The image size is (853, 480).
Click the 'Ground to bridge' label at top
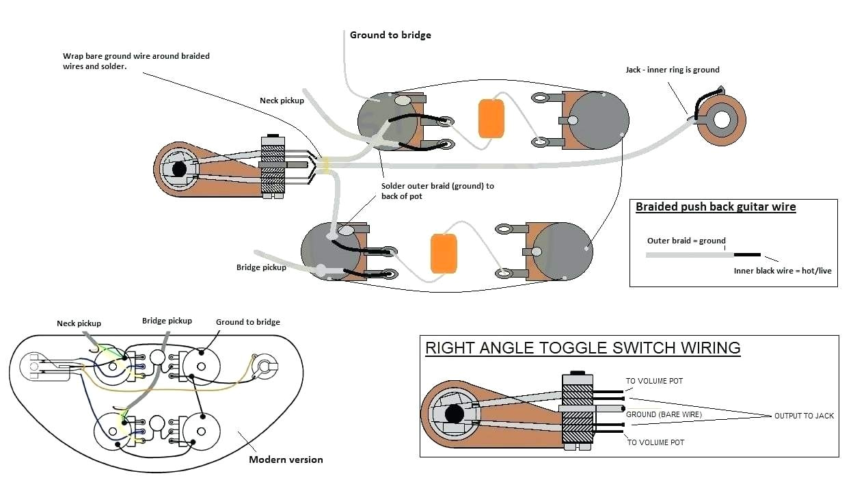pyautogui.click(x=390, y=35)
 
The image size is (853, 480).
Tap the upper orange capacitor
pyautogui.click(x=491, y=118)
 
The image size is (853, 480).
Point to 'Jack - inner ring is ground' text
pyautogui.click(x=672, y=70)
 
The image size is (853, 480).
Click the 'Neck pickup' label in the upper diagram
pyautogui.click(x=282, y=101)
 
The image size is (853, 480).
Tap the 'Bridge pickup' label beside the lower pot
pyautogui.click(x=261, y=267)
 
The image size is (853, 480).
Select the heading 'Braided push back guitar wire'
pyautogui.click(x=715, y=207)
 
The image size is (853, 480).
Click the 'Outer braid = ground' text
pyautogui.click(x=686, y=241)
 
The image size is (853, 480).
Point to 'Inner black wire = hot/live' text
pyautogui.click(x=783, y=271)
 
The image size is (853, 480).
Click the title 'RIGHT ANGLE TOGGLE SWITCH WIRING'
pyautogui.click(x=582, y=347)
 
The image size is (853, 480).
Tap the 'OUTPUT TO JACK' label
pyautogui.click(x=804, y=416)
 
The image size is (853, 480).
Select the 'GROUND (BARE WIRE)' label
pyautogui.click(x=664, y=414)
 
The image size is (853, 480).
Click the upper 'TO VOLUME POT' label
pyautogui.click(x=654, y=381)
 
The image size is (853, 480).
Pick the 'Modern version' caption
pyautogui.click(x=286, y=459)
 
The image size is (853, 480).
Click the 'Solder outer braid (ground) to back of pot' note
pyautogui.click(x=437, y=191)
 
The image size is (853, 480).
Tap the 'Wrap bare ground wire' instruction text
pyautogui.click(x=136, y=61)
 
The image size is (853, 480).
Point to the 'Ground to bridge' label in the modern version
pyautogui.click(x=247, y=322)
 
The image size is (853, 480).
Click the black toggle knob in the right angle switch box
pyautogui.click(x=453, y=414)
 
